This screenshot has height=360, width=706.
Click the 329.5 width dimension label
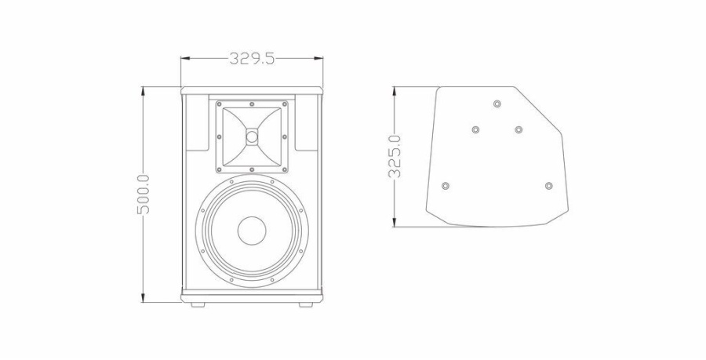tap(252, 59)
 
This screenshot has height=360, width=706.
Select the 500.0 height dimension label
tap(144, 195)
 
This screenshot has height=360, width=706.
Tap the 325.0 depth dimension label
tap(395, 157)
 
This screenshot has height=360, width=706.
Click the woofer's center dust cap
tap(252, 231)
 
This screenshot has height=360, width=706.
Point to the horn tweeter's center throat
tap(252, 136)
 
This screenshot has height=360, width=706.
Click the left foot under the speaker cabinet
tap(197, 304)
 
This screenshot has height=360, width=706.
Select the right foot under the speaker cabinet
tap(306, 304)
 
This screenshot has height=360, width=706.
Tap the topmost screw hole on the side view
tap(497, 104)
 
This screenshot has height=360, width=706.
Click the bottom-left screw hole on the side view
tap(446, 186)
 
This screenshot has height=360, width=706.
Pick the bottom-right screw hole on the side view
tap(548, 186)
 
